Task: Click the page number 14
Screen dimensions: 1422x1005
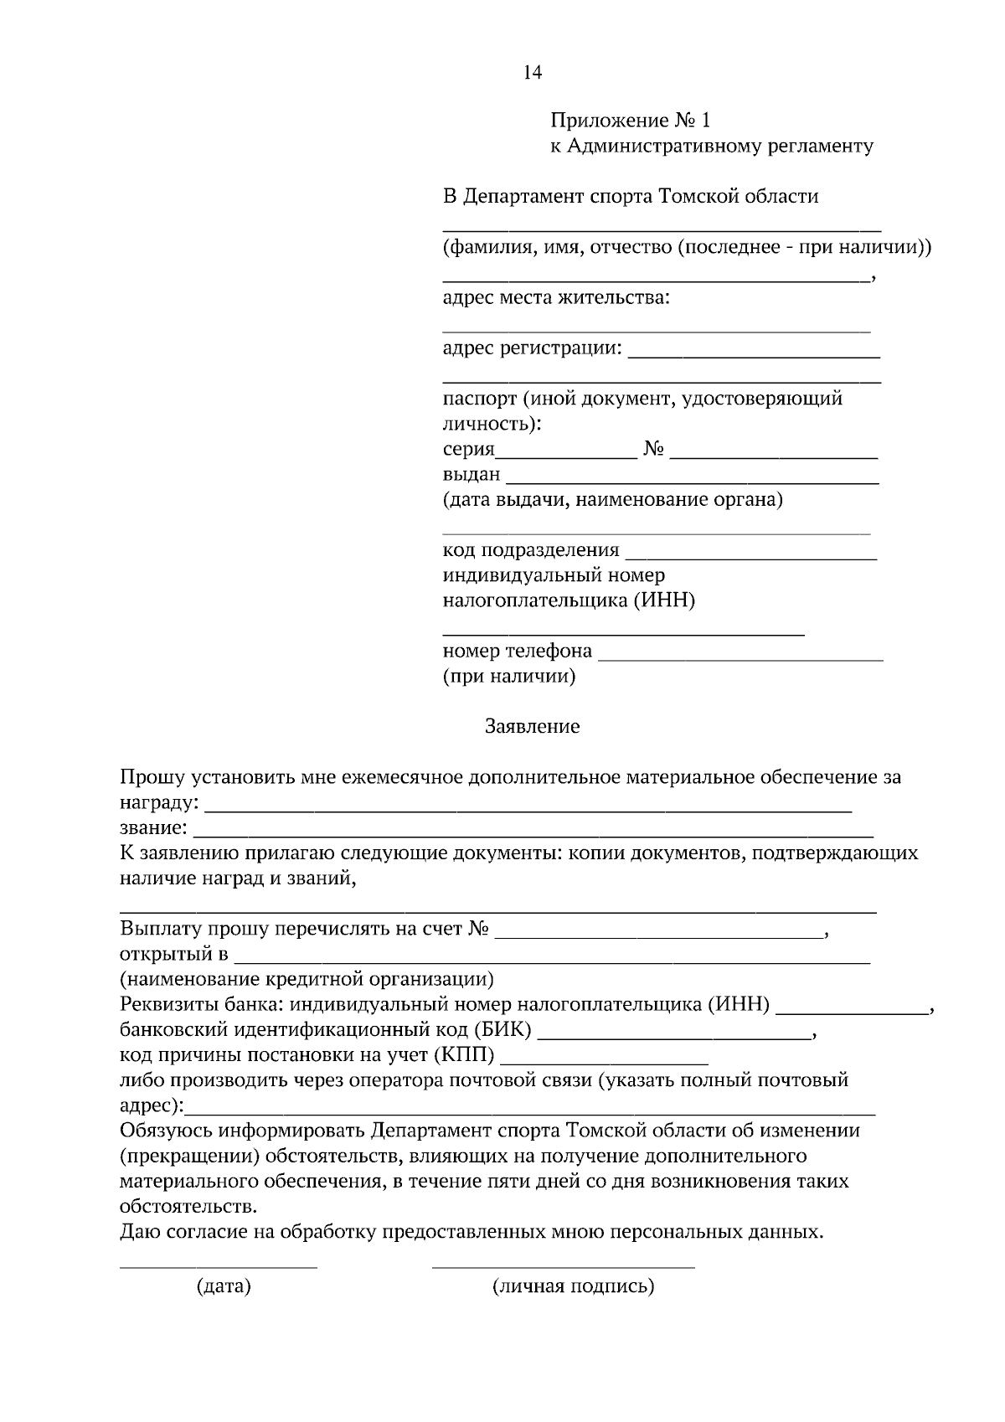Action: click(533, 73)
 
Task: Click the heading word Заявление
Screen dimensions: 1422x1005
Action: click(532, 726)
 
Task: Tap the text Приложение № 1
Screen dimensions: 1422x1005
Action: click(630, 121)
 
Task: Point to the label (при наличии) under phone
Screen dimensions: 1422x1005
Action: click(508, 676)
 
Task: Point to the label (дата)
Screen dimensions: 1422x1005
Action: click(223, 1286)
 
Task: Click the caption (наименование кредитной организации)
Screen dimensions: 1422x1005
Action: click(307, 979)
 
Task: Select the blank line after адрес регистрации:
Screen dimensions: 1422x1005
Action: click(753, 356)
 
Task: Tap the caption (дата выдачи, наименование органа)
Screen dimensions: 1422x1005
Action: click(612, 500)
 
